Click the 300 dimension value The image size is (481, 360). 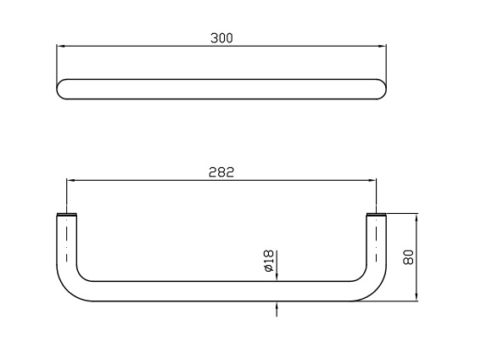(x=221, y=38)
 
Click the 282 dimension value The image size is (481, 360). (x=221, y=172)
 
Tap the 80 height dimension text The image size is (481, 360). (x=408, y=257)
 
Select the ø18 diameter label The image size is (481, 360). (x=268, y=261)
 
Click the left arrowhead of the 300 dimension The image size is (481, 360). (x=61, y=47)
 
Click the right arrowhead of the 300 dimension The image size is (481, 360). (x=383, y=47)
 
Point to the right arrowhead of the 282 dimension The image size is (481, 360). (x=372, y=181)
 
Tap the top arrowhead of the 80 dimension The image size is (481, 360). (x=417, y=218)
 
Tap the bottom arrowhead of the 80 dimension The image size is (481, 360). (x=417, y=296)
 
